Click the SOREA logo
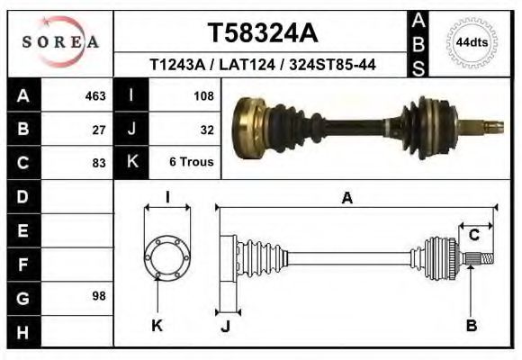59,42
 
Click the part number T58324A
262,33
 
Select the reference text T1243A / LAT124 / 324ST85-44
262,65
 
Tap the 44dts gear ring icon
472,42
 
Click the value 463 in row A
95,95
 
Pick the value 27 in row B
99,129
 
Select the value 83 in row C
99,163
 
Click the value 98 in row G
99,296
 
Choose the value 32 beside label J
206,129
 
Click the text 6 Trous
191,163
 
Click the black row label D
23,196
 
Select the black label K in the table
131,162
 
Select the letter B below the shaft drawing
471,326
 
